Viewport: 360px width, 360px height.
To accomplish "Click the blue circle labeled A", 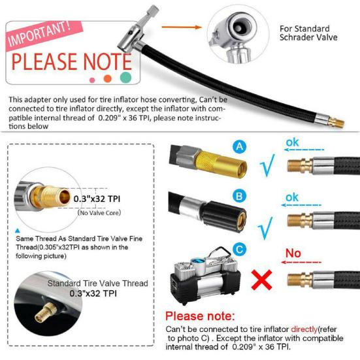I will (240, 148).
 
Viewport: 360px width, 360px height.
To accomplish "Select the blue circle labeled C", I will (240, 248).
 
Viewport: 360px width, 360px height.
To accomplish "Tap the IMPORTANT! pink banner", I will (40, 33).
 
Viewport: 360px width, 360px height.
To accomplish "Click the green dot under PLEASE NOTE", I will (125, 78).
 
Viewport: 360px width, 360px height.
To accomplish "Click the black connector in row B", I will (216, 210).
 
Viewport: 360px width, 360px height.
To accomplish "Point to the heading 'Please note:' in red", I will (199, 316).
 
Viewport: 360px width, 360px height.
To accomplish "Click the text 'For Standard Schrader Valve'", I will (304, 33).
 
